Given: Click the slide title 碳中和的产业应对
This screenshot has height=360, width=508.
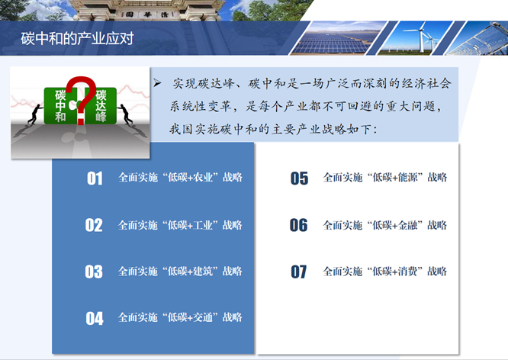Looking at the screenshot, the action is click(77, 39).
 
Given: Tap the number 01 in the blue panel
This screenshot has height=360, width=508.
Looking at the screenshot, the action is click(95, 178).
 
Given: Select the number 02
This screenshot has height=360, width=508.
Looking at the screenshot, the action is click(94, 225).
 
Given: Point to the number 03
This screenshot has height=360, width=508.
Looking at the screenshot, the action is click(94, 272).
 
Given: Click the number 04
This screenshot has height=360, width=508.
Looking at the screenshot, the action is click(95, 318).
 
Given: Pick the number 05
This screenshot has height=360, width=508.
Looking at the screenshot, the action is click(299, 178).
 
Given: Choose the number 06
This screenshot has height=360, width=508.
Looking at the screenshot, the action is click(299, 225).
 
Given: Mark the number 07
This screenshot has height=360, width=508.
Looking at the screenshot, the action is click(299, 272).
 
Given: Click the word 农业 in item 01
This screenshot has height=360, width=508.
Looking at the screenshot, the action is click(203, 177).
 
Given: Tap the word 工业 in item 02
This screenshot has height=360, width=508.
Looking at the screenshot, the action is click(203, 225).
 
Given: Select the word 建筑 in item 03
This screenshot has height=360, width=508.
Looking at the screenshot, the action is click(203, 271).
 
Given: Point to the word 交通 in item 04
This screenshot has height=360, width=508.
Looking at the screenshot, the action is click(203, 317).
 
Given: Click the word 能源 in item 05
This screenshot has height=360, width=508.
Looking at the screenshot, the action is click(407, 177).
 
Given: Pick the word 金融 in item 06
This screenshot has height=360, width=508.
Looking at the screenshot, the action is click(407, 225).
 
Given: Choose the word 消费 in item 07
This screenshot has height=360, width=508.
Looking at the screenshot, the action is click(407, 271).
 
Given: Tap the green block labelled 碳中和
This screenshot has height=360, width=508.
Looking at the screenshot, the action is click(60, 105).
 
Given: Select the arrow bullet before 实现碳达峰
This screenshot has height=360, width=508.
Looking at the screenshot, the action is click(157, 83).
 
